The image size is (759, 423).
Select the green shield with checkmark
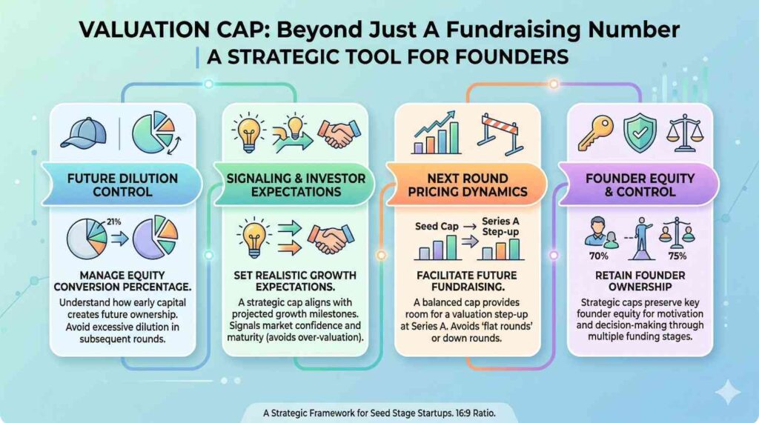(x=640, y=133)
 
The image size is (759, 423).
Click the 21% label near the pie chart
(x=113, y=222)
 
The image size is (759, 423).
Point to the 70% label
(x=599, y=256)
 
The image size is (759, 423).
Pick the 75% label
(x=677, y=256)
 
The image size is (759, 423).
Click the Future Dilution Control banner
(x=122, y=185)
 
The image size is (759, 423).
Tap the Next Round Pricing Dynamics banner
(x=467, y=185)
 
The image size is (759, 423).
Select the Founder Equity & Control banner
(x=640, y=185)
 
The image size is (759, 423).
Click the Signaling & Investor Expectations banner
(x=295, y=185)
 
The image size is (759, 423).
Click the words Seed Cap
(x=437, y=226)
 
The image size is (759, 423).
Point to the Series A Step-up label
(x=500, y=226)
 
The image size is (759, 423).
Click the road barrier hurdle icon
(x=500, y=134)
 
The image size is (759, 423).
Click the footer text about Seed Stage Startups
(x=379, y=413)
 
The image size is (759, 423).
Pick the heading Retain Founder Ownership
(x=640, y=281)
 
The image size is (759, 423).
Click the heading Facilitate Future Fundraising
(x=467, y=281)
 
